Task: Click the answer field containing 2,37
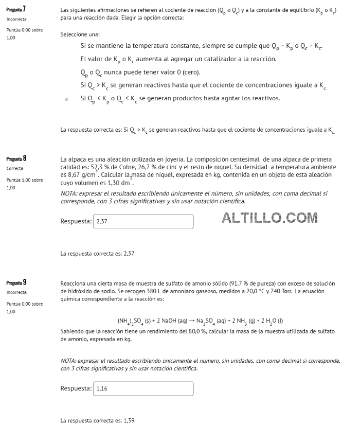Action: (142, 222)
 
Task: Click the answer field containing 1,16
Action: (142, 388)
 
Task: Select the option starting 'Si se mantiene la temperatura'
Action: (201, 46)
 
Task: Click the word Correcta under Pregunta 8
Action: (14, 169)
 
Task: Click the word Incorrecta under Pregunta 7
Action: (16, 20)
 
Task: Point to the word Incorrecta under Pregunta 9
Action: (16, 292)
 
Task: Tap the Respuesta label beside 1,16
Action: (76, 388)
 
